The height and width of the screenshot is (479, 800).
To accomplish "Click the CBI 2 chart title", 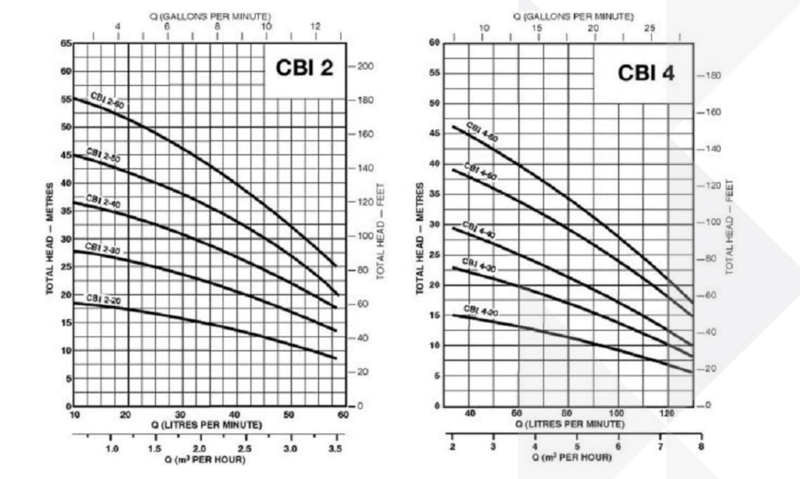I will (x=305, y=68).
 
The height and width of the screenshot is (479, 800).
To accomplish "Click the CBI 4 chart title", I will (x=646, y=73).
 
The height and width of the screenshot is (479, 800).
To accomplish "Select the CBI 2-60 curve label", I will (x=107, y=100).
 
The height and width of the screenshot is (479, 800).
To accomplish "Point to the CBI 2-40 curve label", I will (x=104, y=200).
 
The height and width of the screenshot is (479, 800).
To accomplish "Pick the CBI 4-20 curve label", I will (x=481, y=310).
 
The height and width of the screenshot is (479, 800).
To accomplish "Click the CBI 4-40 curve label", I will (x=479, y=230).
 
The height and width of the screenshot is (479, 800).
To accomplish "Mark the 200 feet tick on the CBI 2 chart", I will (x=365, y=66).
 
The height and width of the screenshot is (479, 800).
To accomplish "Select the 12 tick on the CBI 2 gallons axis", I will (x=316, y=27).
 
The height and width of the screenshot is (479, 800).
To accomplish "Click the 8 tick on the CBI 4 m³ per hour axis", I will (x=701, y=447).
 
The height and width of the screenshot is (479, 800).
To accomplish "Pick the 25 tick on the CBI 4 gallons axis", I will (x=650, y=28).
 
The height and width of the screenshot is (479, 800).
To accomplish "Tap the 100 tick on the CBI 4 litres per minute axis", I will (x=618, y=413).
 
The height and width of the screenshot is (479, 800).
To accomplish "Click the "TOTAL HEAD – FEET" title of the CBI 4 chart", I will (x=730, y=227).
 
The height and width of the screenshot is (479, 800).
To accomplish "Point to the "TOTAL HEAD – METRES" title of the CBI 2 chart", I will (x=50, y=238).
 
